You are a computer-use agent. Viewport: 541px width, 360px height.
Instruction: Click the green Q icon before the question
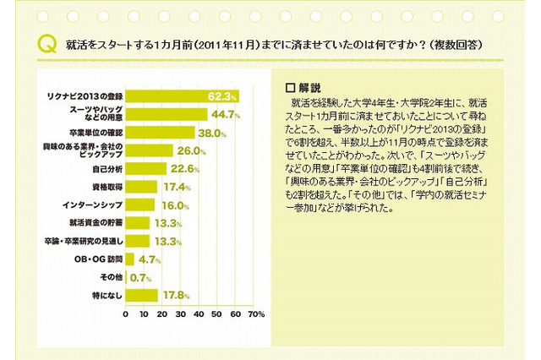click(x=45, y=43)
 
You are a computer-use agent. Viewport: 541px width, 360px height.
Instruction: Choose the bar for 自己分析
click(x=146, y=169)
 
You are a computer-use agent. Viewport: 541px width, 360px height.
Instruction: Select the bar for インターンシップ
click(x=139, y=205)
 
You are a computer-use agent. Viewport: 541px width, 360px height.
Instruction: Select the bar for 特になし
click(x=141, y=296)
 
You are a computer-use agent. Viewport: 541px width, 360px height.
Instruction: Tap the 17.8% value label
click(x=174, y=296)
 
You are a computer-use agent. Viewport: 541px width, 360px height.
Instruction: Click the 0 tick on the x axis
click(x=125, y=314)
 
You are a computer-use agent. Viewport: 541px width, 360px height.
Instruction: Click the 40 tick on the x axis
click(x=199, y=314)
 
